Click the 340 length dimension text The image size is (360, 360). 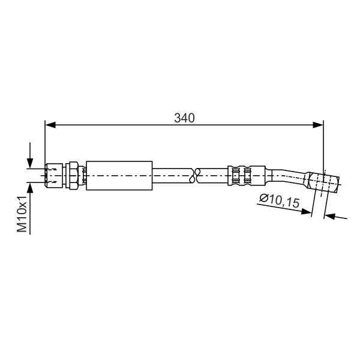tap(184, 118)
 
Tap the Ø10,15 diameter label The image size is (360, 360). tap(280, 200)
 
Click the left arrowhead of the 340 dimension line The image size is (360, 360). tap(50, 125)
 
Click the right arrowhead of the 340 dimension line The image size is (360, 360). tap(318, 125)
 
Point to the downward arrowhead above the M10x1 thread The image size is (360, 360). tap(30, 163)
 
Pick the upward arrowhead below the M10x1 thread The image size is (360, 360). tap(30, 188)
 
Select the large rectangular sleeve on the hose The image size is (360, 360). tap(119, 176)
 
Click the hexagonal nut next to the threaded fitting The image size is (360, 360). tap(72, 176)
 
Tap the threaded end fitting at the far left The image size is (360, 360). tap(54, 176)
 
